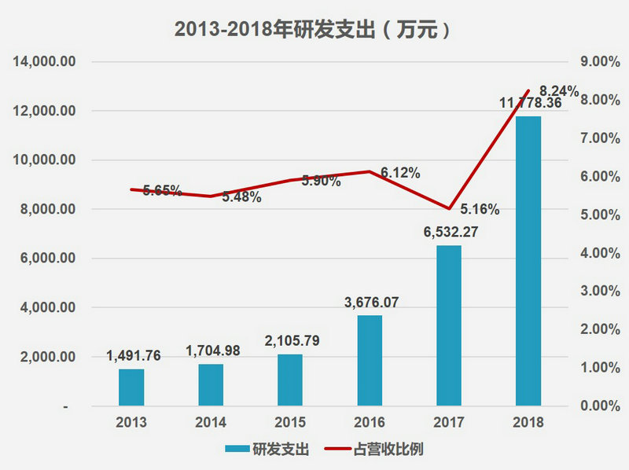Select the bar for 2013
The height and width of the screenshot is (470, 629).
click(131, 387)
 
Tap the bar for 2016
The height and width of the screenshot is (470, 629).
click(370, 361)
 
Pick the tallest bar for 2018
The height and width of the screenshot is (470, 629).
click(528, 261)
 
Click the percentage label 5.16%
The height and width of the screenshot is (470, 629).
click(480, 209)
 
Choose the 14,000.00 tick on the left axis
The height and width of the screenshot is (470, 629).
click(45, 62)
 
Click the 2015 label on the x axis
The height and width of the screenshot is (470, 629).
click(290, 422)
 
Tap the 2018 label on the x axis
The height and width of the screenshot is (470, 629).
click(528, 422)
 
